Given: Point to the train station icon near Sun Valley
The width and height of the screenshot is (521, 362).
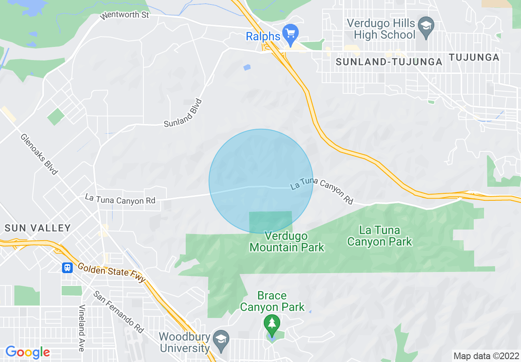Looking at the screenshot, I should tap(67, 268).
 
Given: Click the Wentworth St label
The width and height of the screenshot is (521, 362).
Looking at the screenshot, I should tap(124, 16).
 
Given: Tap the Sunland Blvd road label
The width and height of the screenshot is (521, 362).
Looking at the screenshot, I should tap(184, 113).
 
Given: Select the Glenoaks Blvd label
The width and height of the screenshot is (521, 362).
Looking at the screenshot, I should tap(39, 153).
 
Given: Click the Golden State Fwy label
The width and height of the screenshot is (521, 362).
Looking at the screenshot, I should tap(111, 273).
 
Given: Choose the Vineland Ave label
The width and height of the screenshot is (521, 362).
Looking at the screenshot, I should tap(82, 328).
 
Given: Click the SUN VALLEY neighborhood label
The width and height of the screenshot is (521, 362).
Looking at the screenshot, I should tap(38, 228).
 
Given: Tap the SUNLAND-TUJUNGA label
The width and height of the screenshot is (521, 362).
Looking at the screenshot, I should tap(389, 62).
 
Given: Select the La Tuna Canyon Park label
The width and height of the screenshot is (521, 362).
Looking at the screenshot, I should tap(379, 236).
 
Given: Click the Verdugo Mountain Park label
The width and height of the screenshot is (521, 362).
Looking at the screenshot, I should tap(287, 241).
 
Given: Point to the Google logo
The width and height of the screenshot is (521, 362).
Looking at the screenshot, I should tap(28, 352).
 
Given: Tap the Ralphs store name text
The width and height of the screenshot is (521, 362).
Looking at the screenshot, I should tap(263, 36).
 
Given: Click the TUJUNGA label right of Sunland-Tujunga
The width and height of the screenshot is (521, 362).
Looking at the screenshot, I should tap(474, 57).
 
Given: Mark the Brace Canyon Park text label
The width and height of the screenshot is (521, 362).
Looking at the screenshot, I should tap(272, 301).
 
